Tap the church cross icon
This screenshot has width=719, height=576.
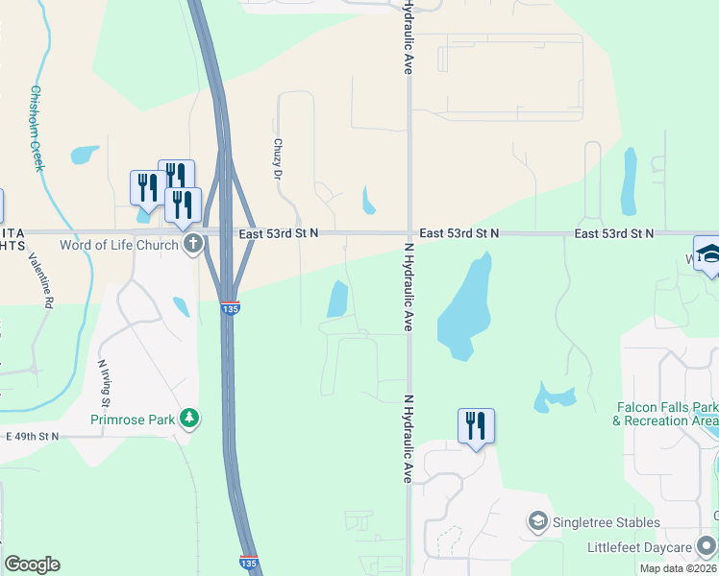pyautogui.click(x=193, y=244)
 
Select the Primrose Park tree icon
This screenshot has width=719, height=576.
pyautogui.click(x=191, y=417)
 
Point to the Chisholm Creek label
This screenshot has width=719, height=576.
pyautogui.click(x=37, y=129)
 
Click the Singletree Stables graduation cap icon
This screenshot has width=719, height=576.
pyautogui.click(x=537, y=522)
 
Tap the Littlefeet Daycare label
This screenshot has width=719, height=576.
pyautogui.click(x=639, y=548)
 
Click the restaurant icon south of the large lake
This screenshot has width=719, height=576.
pyautogui.click(x=476, y=425)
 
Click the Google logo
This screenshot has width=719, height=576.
pyautogui.click(x=32, y=564)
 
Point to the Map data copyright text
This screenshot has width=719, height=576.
pyautogui.click(x=679, y=568)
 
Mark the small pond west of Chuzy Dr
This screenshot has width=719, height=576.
pyautogui.click(x=85, y=155)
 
